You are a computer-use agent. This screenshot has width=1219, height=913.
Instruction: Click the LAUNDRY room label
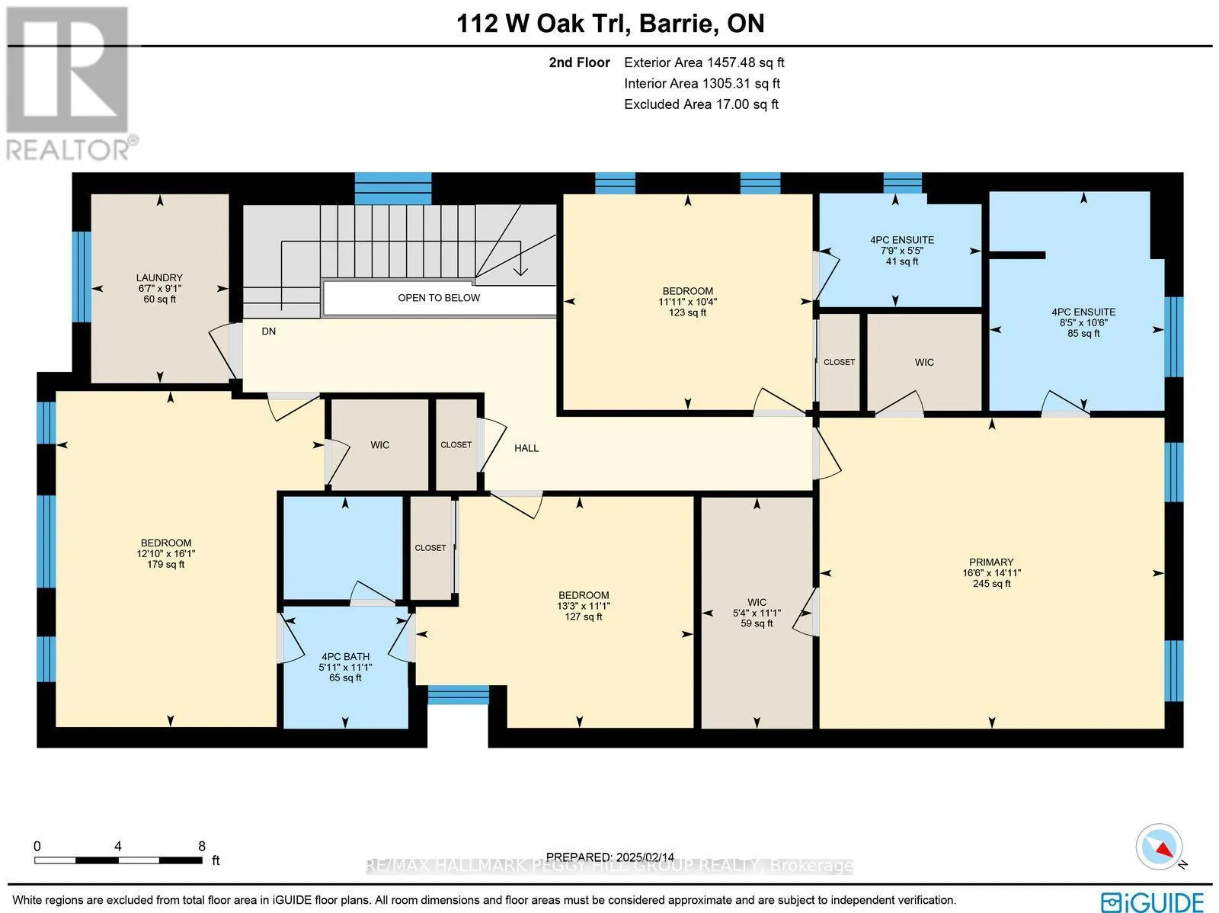[x=159, y=278]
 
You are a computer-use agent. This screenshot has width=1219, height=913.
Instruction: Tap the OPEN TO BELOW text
[x=439, y=298]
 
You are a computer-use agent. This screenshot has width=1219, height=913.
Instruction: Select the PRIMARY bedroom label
[x=991, y=562]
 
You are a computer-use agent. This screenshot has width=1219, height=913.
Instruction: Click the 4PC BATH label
[x=345, y=656]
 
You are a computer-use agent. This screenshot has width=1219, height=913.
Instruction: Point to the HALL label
[x=526, y=448]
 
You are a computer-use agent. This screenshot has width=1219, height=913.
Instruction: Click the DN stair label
[x=268, y=332]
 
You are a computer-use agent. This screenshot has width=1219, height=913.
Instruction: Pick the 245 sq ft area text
[x=991, y=584]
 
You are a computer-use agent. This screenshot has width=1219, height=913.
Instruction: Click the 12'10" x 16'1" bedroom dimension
[x=165, y=554]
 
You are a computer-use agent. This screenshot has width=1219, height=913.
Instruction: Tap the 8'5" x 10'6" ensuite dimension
[x=1083, y=322]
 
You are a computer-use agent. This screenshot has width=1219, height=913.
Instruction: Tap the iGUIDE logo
[x=1152, y=901]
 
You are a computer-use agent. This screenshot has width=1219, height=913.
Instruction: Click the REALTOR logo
[x=70, y=84]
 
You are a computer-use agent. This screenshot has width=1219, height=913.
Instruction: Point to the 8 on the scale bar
[x=201, y=846]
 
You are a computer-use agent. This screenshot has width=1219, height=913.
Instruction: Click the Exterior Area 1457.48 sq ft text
[x=703, y=63]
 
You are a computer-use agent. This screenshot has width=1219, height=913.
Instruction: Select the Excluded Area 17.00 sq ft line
[x=701, y=104]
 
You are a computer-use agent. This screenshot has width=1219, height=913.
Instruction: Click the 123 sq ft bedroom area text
[x=687, y=312]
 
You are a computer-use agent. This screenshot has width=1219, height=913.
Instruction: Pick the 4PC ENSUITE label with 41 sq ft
[x=902, y=240]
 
